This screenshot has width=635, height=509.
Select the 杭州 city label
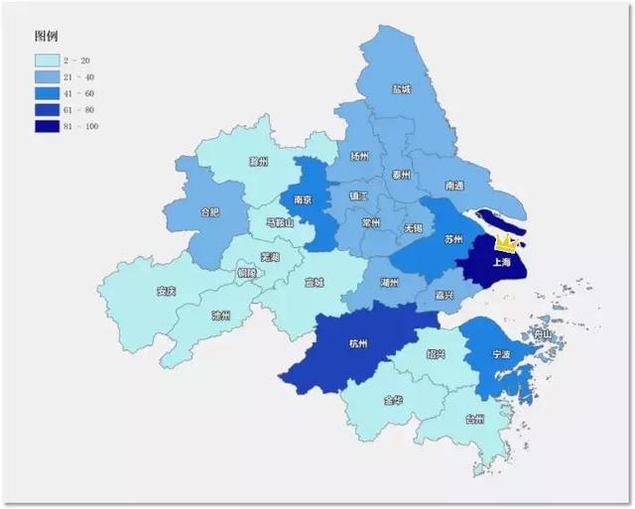(358, 343)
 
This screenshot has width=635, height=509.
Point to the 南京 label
(303, 199)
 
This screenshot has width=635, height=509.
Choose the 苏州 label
(453, 239)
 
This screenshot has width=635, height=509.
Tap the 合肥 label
(209, 212)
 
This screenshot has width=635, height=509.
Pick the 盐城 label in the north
(401, 89)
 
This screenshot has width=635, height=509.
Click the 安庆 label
(166, 292)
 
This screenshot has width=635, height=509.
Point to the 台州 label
(474, 419)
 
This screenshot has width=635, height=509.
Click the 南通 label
(455, 186)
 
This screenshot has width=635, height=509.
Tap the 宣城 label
(315, 282)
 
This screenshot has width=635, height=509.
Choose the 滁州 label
(259, 161)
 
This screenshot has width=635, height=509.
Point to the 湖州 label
(390, 282)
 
